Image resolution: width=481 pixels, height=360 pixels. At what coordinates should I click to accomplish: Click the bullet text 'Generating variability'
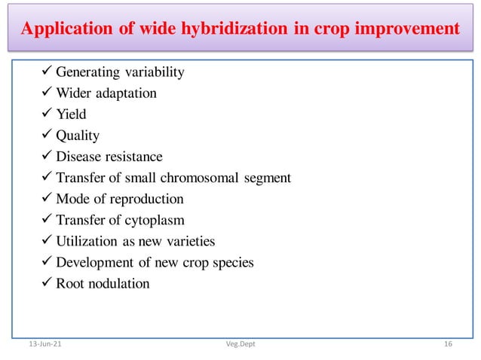[120, 72]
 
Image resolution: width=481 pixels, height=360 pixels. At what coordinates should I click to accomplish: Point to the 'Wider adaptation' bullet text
[106, 93]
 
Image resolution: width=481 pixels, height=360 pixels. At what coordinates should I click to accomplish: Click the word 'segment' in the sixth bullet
[268, 178]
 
